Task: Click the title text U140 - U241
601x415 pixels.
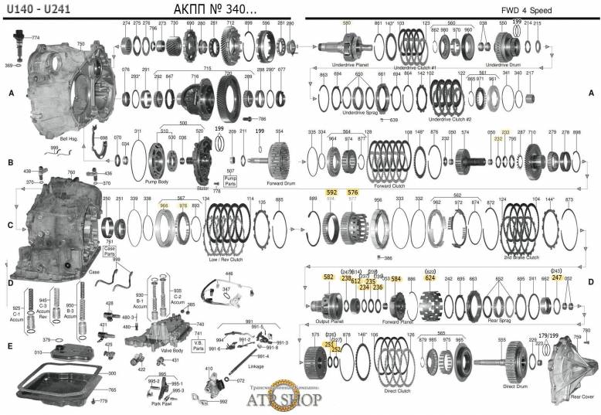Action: (x=31, y=9)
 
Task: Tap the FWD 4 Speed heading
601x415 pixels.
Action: (x=554, y=9)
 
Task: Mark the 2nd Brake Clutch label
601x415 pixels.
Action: (x=523, y=257)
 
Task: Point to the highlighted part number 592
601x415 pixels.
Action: (x=332, y=192)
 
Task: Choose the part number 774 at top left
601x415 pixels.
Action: (x=35, y=37)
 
